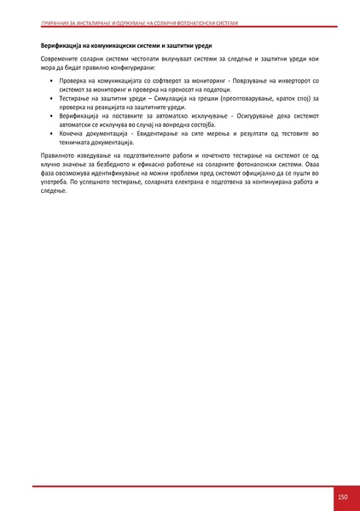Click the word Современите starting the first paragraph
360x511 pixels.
pos(61,58)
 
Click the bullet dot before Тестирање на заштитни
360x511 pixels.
pos(52,98)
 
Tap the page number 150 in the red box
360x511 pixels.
pos(342,497)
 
